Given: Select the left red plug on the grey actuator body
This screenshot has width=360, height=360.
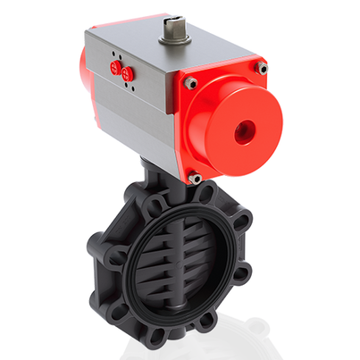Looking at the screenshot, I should pyautogui.click(x=114, y=67).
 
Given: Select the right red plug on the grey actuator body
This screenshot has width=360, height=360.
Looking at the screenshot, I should pyautogui.click(x=126, y=73).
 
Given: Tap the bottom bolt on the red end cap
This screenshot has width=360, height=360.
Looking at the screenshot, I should pyautogui.click(x=195, y=179).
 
